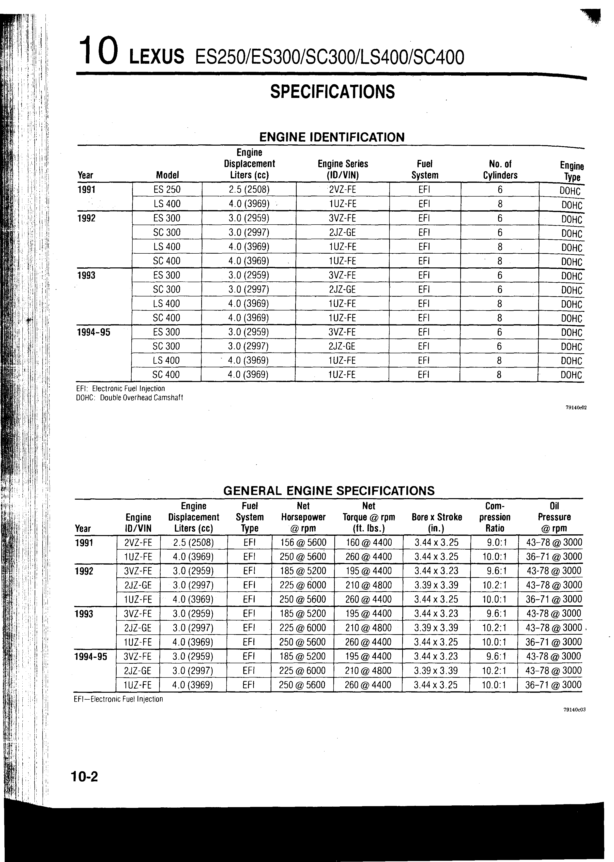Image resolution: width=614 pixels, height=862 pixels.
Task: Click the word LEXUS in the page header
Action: click(156, 57)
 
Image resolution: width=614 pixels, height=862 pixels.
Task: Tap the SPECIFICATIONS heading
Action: click(332, 92)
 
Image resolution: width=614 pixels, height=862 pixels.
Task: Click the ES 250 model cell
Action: click(167, 189)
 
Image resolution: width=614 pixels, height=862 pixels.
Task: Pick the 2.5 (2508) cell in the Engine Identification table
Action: click(249, 189)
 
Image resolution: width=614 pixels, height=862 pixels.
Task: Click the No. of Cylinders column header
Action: click(500, 169)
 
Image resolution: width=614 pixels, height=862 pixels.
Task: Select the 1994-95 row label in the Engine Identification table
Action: click(93, 332)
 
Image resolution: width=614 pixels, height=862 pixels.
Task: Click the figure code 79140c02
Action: click(576, 408)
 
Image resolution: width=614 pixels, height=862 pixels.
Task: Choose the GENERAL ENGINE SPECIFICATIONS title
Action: click(329, 491)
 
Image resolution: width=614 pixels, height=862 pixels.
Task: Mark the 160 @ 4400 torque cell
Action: click(369, 542)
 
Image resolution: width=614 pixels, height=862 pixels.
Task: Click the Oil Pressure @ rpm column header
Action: click(554, 517)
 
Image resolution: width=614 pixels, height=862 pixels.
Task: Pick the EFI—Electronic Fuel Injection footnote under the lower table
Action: click(118, 699)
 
